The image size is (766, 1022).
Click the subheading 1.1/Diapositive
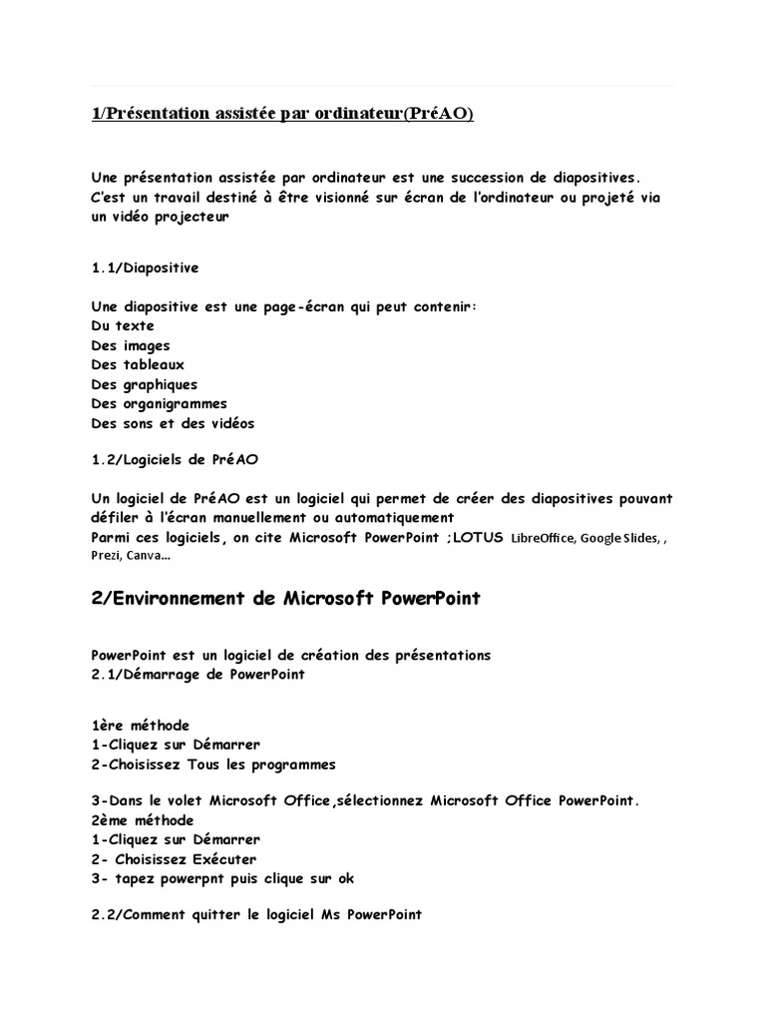[145, 267]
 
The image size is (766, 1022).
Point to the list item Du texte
[123, 326]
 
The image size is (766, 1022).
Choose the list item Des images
[131, 345]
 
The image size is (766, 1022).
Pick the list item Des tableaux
[138, 365]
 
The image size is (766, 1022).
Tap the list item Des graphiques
[144, 384]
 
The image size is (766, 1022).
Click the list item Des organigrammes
[159, 404]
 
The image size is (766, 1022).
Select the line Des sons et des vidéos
[173, 423]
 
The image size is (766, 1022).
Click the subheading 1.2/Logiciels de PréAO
[176, 459]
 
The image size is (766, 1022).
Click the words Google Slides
[618, 539]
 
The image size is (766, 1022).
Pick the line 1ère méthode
[140, 726]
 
